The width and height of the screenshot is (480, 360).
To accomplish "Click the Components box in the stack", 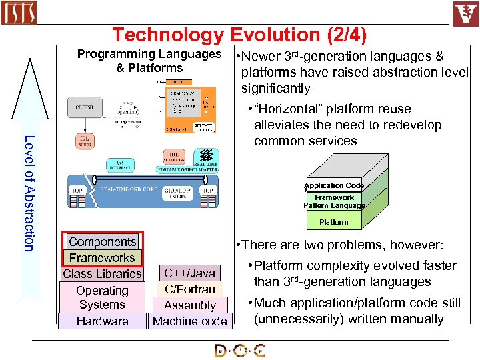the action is [x=103, y=242].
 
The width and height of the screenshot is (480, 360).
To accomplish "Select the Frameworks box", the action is [x=102, y=258].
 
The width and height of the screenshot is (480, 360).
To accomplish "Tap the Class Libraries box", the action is [x=102, y=274].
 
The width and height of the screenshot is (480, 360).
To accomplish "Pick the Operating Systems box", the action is [x=102, y=297].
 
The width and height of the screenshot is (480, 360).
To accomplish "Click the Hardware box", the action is [x=102, y=321].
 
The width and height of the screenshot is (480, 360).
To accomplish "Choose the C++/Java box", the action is [x=190, y=273].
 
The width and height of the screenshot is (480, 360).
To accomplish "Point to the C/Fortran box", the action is [x=190, y=289].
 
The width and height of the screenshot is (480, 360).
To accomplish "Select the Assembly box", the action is [x=190, y=305].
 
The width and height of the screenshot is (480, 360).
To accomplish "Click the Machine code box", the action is [x=190, y=321].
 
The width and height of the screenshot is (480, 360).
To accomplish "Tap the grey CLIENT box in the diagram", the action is [x=85, y=107].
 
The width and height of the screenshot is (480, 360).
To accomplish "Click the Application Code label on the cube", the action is [x=334, y=185].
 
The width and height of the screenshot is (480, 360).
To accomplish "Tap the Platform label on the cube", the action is [x=333, y=222].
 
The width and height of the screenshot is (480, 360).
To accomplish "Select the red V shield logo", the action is [x=465, y=13].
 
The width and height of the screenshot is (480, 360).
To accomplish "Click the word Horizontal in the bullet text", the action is [x=290, y=109].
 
